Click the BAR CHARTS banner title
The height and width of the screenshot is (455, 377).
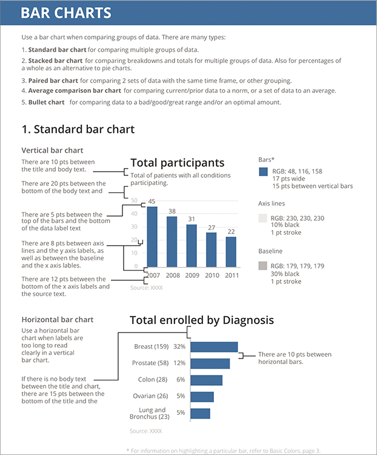pyautogui.click(x=66, y=13)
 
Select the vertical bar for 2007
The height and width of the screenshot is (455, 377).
pyautogui.click(x=152, y=237)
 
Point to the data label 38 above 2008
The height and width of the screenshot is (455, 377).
pyautogui.click(x=172, y=212)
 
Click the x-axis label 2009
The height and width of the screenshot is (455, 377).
pyautogui.click(x=192, y=275)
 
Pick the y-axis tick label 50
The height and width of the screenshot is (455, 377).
pyautogui.click(x=134, y=200)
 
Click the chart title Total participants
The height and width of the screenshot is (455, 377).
pyautogui.click(x=177, y=163)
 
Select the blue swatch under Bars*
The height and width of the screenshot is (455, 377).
pyautogui.click(x=263, y=172)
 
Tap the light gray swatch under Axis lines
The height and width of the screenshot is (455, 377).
pyautogui.click(x=263, y=218)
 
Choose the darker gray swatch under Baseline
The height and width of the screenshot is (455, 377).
pyautogui.click(x=263, y=265)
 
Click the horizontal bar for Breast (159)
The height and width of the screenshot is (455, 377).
pyautogui.click(x=214, y=347)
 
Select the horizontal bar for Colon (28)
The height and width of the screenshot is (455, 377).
pyautogui.click(x=206, y=380)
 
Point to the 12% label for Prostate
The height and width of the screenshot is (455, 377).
pyautogui.click(x=179, y=363)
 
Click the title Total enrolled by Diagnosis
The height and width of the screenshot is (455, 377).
pyautogui.click(x=201, y=320)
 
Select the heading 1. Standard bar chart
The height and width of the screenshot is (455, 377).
pyautogui.click(x=78, y=129)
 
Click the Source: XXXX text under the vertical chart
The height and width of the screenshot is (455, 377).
pyautogui.click(x=146, y=288)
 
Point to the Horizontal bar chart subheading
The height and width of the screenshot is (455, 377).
pyautogui.click(x=57, y=319)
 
